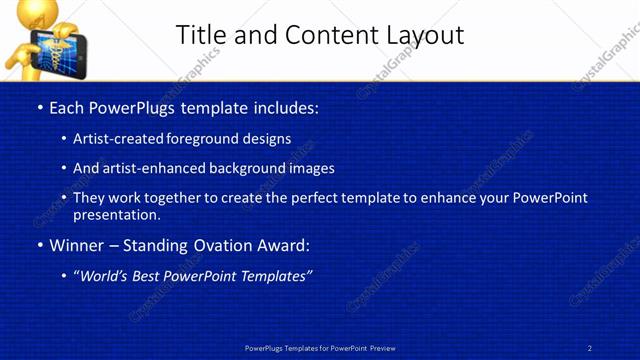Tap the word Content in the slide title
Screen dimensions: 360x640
click(x=327, y=35)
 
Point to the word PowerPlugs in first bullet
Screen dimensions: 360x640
click(x=133, y=107)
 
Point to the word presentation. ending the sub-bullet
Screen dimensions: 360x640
click(x=116, y=214)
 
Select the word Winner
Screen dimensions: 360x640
click(x=76, y=245)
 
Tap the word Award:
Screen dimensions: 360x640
click(x=283, y=245)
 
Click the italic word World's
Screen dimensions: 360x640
click(x=106, y=276)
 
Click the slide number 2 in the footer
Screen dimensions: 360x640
click(x=589, y=347)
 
